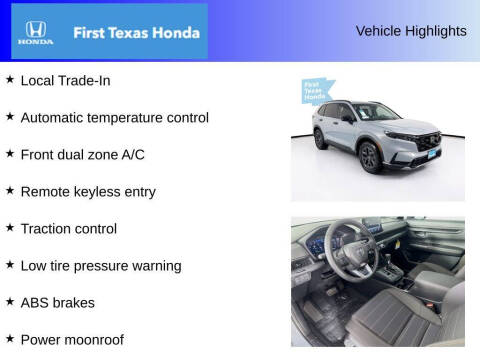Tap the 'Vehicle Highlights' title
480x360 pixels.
(411, 31)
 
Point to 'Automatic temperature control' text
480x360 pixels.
(115, 117)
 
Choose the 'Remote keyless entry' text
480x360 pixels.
(88, 191)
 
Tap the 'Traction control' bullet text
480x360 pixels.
(69, 228)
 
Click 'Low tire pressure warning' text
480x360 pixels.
(101, 265)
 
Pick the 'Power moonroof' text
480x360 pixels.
(72, 339)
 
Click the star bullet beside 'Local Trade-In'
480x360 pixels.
(10, 79)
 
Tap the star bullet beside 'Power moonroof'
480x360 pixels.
(10, 338)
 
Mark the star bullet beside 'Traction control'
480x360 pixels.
(10, 227)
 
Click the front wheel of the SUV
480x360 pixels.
(369, 155)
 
